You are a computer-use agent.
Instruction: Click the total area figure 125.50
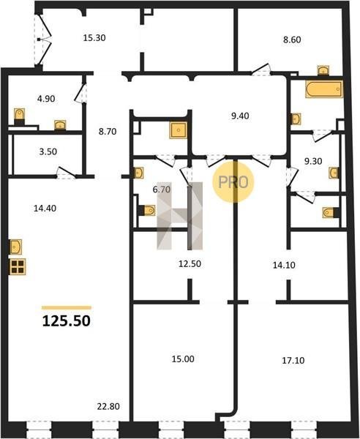point(67,321)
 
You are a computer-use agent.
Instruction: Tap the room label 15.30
point(94,37)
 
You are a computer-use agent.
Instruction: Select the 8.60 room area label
point(292,40)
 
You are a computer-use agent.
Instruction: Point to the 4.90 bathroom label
point(46,99)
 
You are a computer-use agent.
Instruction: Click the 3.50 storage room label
point(48,151)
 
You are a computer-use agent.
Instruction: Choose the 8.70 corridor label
point(108,131)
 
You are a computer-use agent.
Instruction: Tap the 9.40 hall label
point(240,116)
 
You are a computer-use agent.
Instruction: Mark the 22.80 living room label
point(108,406)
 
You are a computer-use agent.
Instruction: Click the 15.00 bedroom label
point(183,359)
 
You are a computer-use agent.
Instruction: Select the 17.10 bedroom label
point(293,360)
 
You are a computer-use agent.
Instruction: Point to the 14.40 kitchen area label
point(45,208)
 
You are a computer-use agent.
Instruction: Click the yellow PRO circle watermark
point(233,182)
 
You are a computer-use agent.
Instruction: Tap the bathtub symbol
point(324,89)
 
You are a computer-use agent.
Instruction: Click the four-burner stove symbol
point(18,266)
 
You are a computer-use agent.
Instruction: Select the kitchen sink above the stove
point(16,247)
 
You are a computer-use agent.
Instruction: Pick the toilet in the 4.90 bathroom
point(19,116)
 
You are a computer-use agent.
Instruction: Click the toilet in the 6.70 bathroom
point(147,210)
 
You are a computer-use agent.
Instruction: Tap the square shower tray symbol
point(178,130)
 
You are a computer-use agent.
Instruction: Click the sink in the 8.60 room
point(323,70)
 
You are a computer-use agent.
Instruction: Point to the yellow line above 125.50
point(67,308)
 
